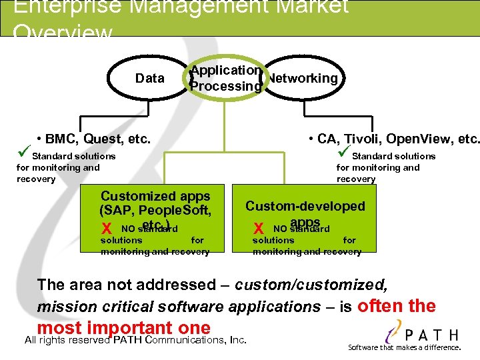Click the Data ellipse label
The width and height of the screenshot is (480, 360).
[x=149, y=78]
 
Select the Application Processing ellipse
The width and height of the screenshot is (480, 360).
[x=225, y=78]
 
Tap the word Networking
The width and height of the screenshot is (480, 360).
[x=302, y=78]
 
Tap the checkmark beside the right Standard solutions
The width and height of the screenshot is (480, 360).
[x=344, y=155]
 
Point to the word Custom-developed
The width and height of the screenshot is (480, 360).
[x=305, y=206]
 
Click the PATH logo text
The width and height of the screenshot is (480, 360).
[x=433, y=335]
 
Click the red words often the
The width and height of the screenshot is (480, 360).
[x=397, y=307]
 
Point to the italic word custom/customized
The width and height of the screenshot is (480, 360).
[x=311, y=285]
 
